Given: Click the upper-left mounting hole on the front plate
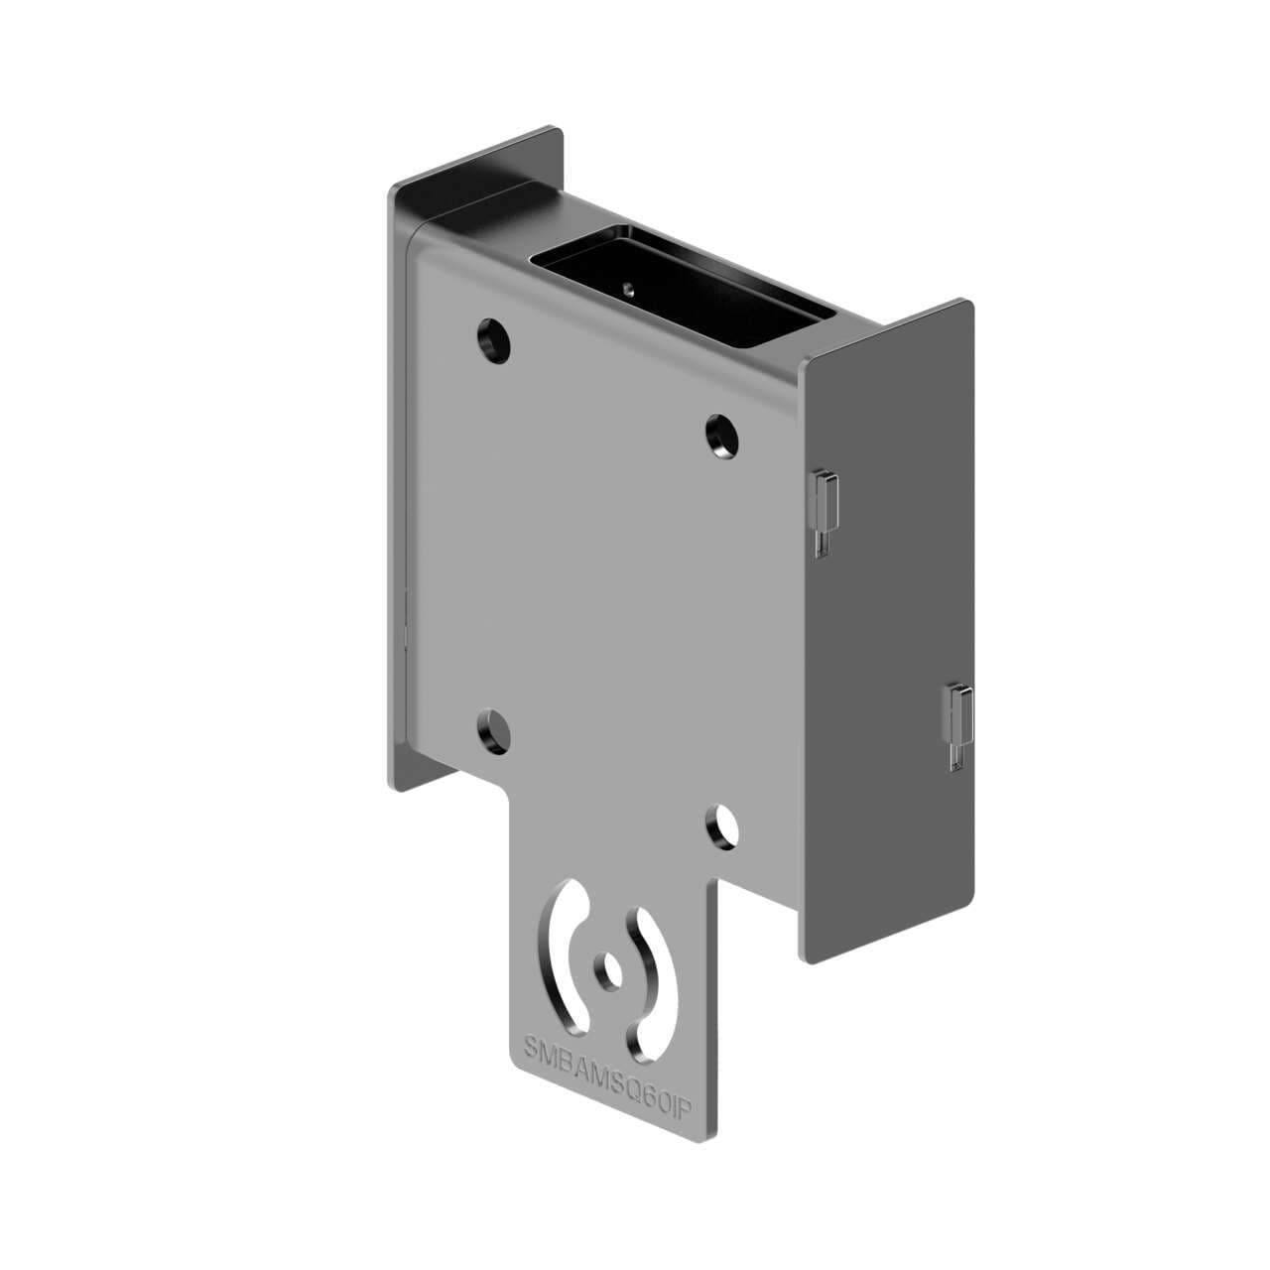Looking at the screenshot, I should pyautogui.click(x=493, y=339).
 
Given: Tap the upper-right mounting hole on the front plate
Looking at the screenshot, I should pyautogui.click(x=722, y=435).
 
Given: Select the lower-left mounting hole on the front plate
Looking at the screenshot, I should pyautogui.click(x=493, y=730).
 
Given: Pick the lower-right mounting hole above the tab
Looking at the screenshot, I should pyautogui.click(x=723, y=825).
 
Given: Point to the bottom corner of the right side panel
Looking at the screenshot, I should pyautogui.click(x=812, y=959).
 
